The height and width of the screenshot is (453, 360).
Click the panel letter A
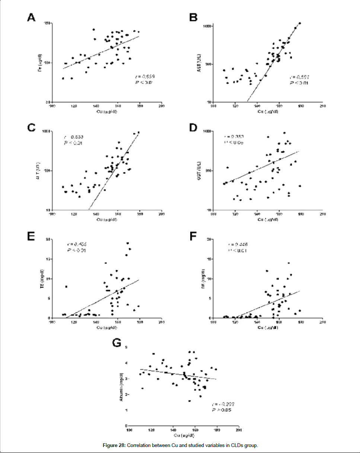coord(31,18)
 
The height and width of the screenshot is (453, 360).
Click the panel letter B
coord(193,18)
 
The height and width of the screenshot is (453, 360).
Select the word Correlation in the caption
coord(140,446)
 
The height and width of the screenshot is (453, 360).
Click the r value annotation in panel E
coord(76,244)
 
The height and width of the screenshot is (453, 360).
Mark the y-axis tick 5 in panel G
coord(126,348)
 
